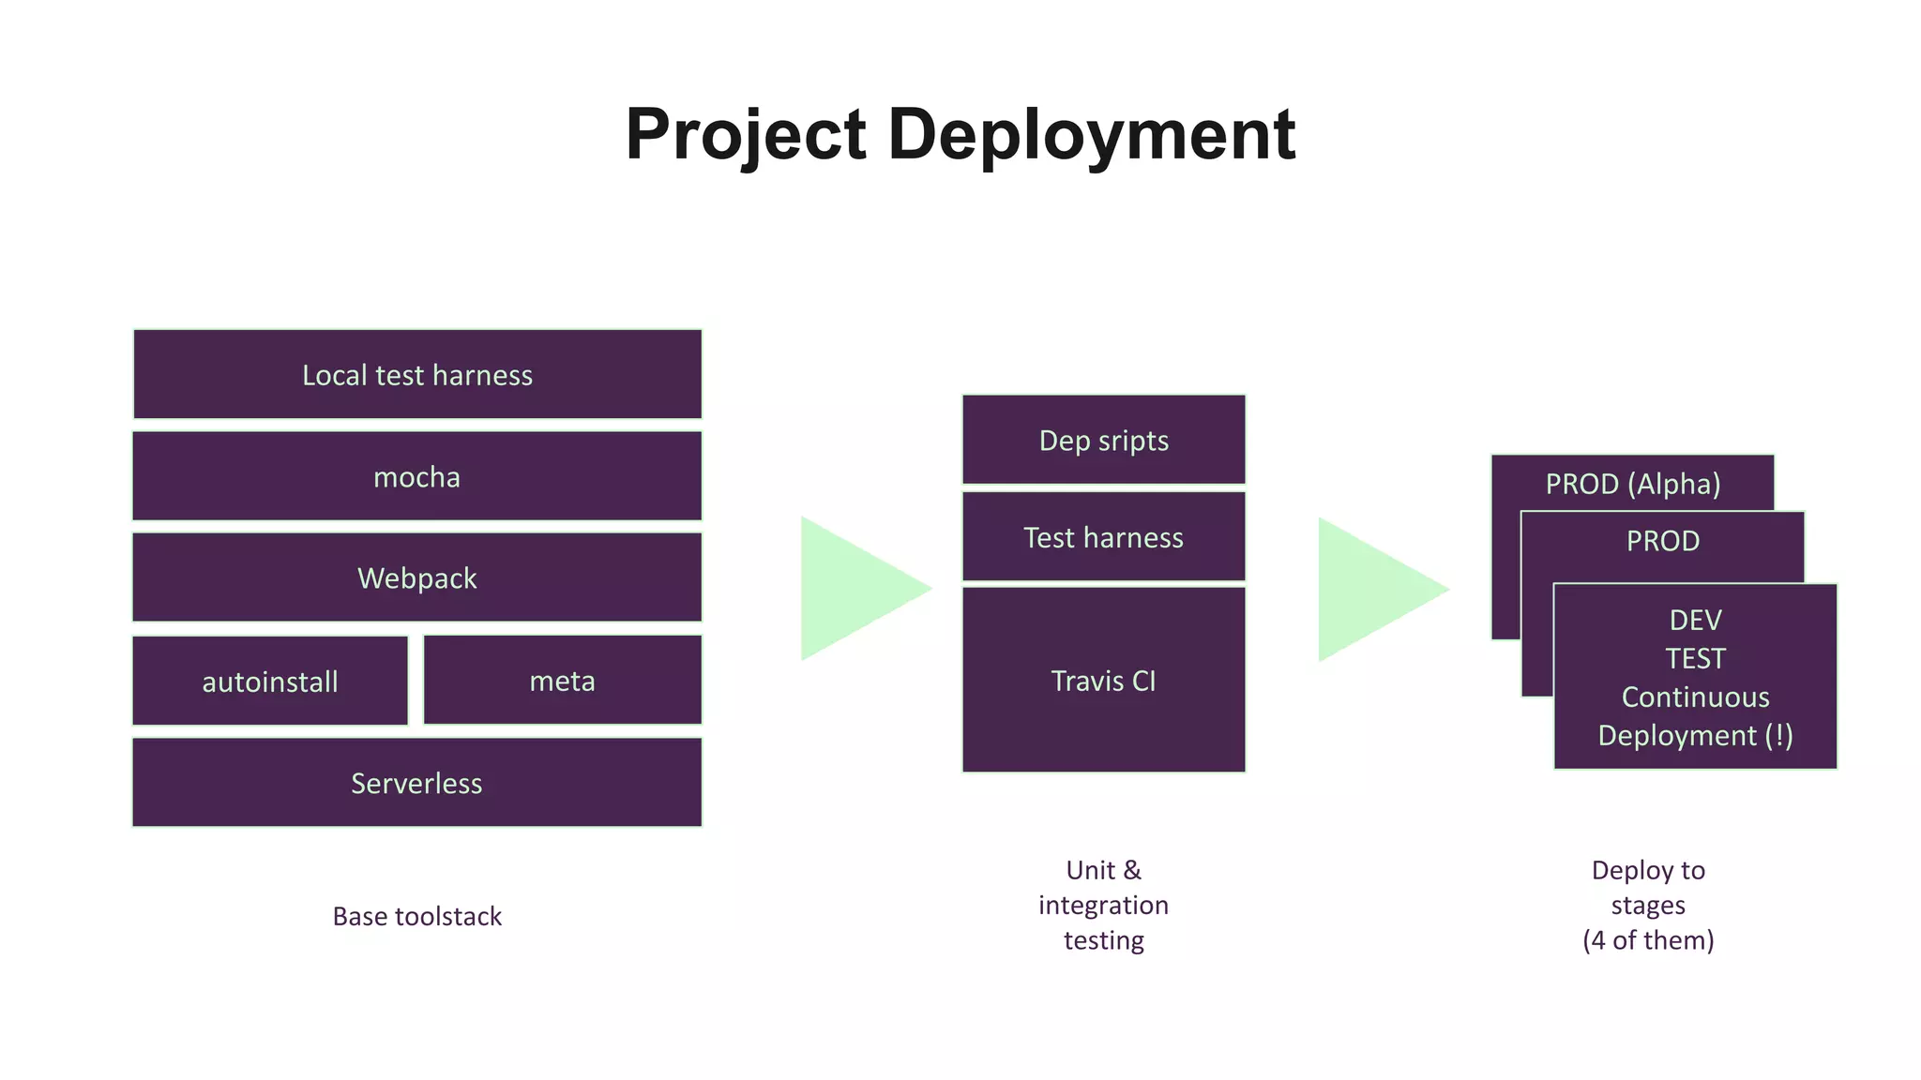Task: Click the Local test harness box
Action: point(417,375)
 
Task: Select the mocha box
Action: point(417,476)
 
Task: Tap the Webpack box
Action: point(417,577)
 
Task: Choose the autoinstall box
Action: point(270,682)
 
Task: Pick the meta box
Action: point(563,681)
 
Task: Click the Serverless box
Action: point(417,783)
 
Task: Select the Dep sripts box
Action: point(1104,441)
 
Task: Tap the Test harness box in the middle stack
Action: point(1104,537)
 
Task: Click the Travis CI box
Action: point(1104,681)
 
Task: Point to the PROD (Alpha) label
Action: point(1633,484)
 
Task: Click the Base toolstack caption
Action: point(417,916)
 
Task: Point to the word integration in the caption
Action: point(1104,905)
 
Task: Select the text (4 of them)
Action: point(1648,939)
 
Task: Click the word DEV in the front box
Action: point(1695,620)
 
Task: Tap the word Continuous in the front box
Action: point(1695,697)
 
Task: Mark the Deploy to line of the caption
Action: point(1648,870)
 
